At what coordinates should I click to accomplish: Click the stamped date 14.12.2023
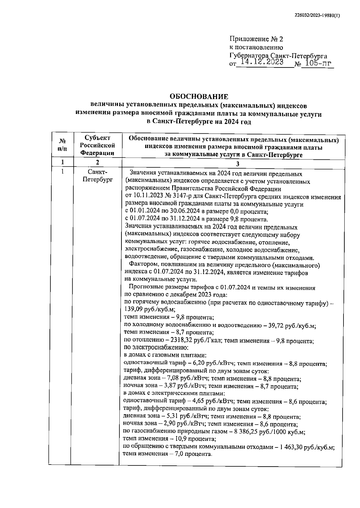click(x=260, y=62)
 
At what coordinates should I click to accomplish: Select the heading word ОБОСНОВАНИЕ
click(x=199, y=97)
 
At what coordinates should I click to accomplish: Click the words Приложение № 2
click(x=256, y=39)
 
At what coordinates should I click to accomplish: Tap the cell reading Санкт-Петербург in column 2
click(x=97, y=176)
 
